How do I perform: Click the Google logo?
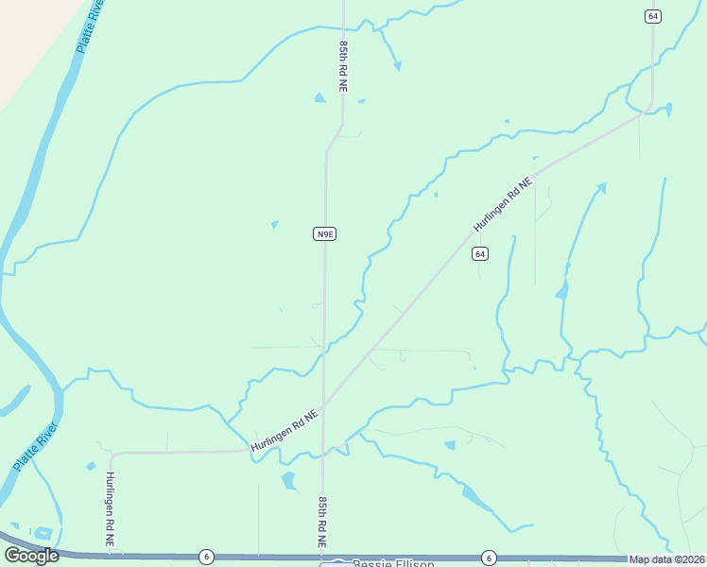(31, 556)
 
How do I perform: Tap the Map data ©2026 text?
(666, 559)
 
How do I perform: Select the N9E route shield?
(324, 233)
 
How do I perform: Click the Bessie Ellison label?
(393, 564)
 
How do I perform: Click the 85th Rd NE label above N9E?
(344, 65)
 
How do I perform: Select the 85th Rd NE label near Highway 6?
(322, 522)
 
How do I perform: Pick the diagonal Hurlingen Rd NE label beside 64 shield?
(504, 204)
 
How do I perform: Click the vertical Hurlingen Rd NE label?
(111, 510)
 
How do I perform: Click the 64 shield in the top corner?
(652, 16)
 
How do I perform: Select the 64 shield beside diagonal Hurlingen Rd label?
(480, 254)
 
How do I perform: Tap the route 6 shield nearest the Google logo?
(206, 558)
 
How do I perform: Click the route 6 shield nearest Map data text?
(489, 558)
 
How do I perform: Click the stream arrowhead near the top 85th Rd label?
(398, 66)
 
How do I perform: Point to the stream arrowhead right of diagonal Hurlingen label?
(601, 187)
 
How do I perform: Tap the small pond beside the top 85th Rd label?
(319, 96)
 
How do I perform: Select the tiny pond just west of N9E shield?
(274, 225)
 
